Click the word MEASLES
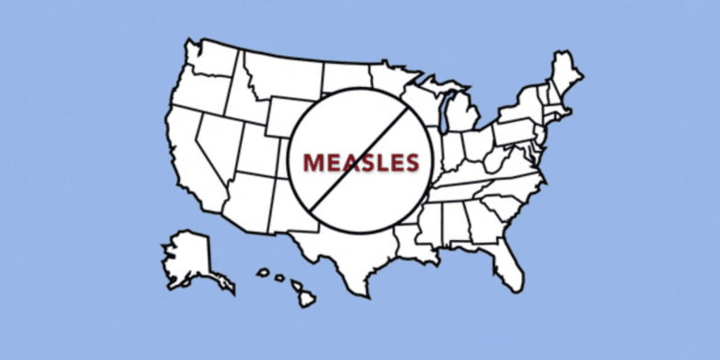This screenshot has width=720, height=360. [x=360, y=163]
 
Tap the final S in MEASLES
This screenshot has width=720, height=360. [x=410, y=163]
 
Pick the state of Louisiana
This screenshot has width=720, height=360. [x=408, y=246]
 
